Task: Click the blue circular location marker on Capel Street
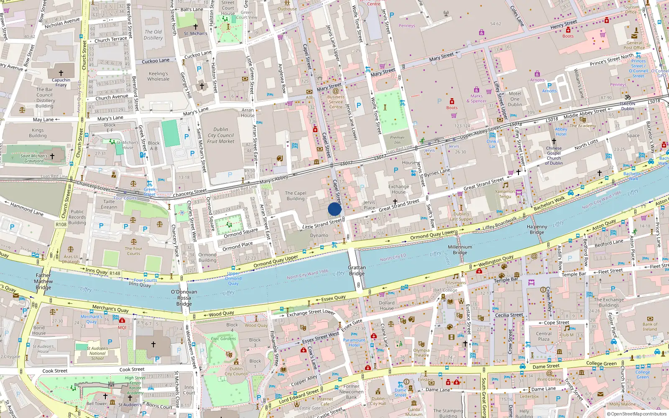point(334,209)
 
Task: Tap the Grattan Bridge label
point(357,270)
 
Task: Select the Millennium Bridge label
point(460,250)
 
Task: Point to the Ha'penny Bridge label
point(537,229)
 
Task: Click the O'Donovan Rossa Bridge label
point(184,298)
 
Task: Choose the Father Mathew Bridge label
point(43,281)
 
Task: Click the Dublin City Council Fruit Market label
point(221,135)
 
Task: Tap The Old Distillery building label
point(153,35)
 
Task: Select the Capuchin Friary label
point(61,82)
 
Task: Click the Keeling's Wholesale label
point(158,76)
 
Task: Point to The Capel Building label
point(296,196)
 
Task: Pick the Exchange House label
point(398,189)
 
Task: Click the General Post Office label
point(634,45)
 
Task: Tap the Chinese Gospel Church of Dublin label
point(554,155)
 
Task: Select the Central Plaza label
point(544,336)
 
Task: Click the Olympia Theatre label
point(421,353)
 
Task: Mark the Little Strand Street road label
point(322,224)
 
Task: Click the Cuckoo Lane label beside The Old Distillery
point(156,61)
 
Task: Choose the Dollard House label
point(386,306)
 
